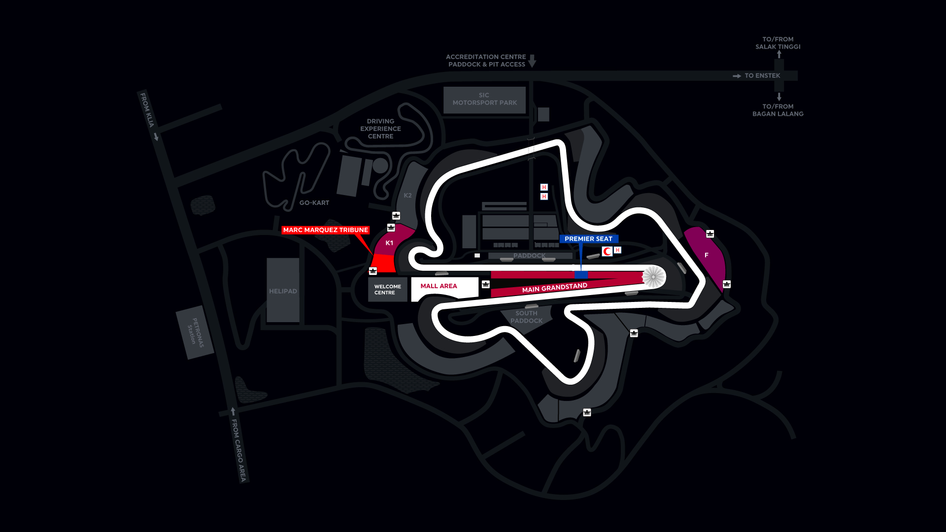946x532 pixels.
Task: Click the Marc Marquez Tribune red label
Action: point(325,230)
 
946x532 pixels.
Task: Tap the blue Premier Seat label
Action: point(588,239)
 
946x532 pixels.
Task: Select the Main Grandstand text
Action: point(554,288)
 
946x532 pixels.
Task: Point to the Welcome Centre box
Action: point(387,290)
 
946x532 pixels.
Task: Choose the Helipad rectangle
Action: point(283,291)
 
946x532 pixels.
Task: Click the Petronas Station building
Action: point(195,332)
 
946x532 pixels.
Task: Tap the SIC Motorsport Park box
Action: point(484,100)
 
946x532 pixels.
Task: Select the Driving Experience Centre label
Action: point(380,129)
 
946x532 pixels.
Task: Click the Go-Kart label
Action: point(314,203)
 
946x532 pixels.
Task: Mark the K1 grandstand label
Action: point(389,243)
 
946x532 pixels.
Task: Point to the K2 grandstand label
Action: point(407,196)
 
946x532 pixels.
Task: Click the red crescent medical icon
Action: point(607,252)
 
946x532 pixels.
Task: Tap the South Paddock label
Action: point(526,317)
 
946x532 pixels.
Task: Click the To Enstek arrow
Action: point(737,76)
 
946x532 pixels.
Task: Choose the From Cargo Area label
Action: point(238,450)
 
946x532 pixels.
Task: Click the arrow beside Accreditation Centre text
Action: point(532,61)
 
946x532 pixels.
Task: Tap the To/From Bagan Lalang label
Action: point(777,110)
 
